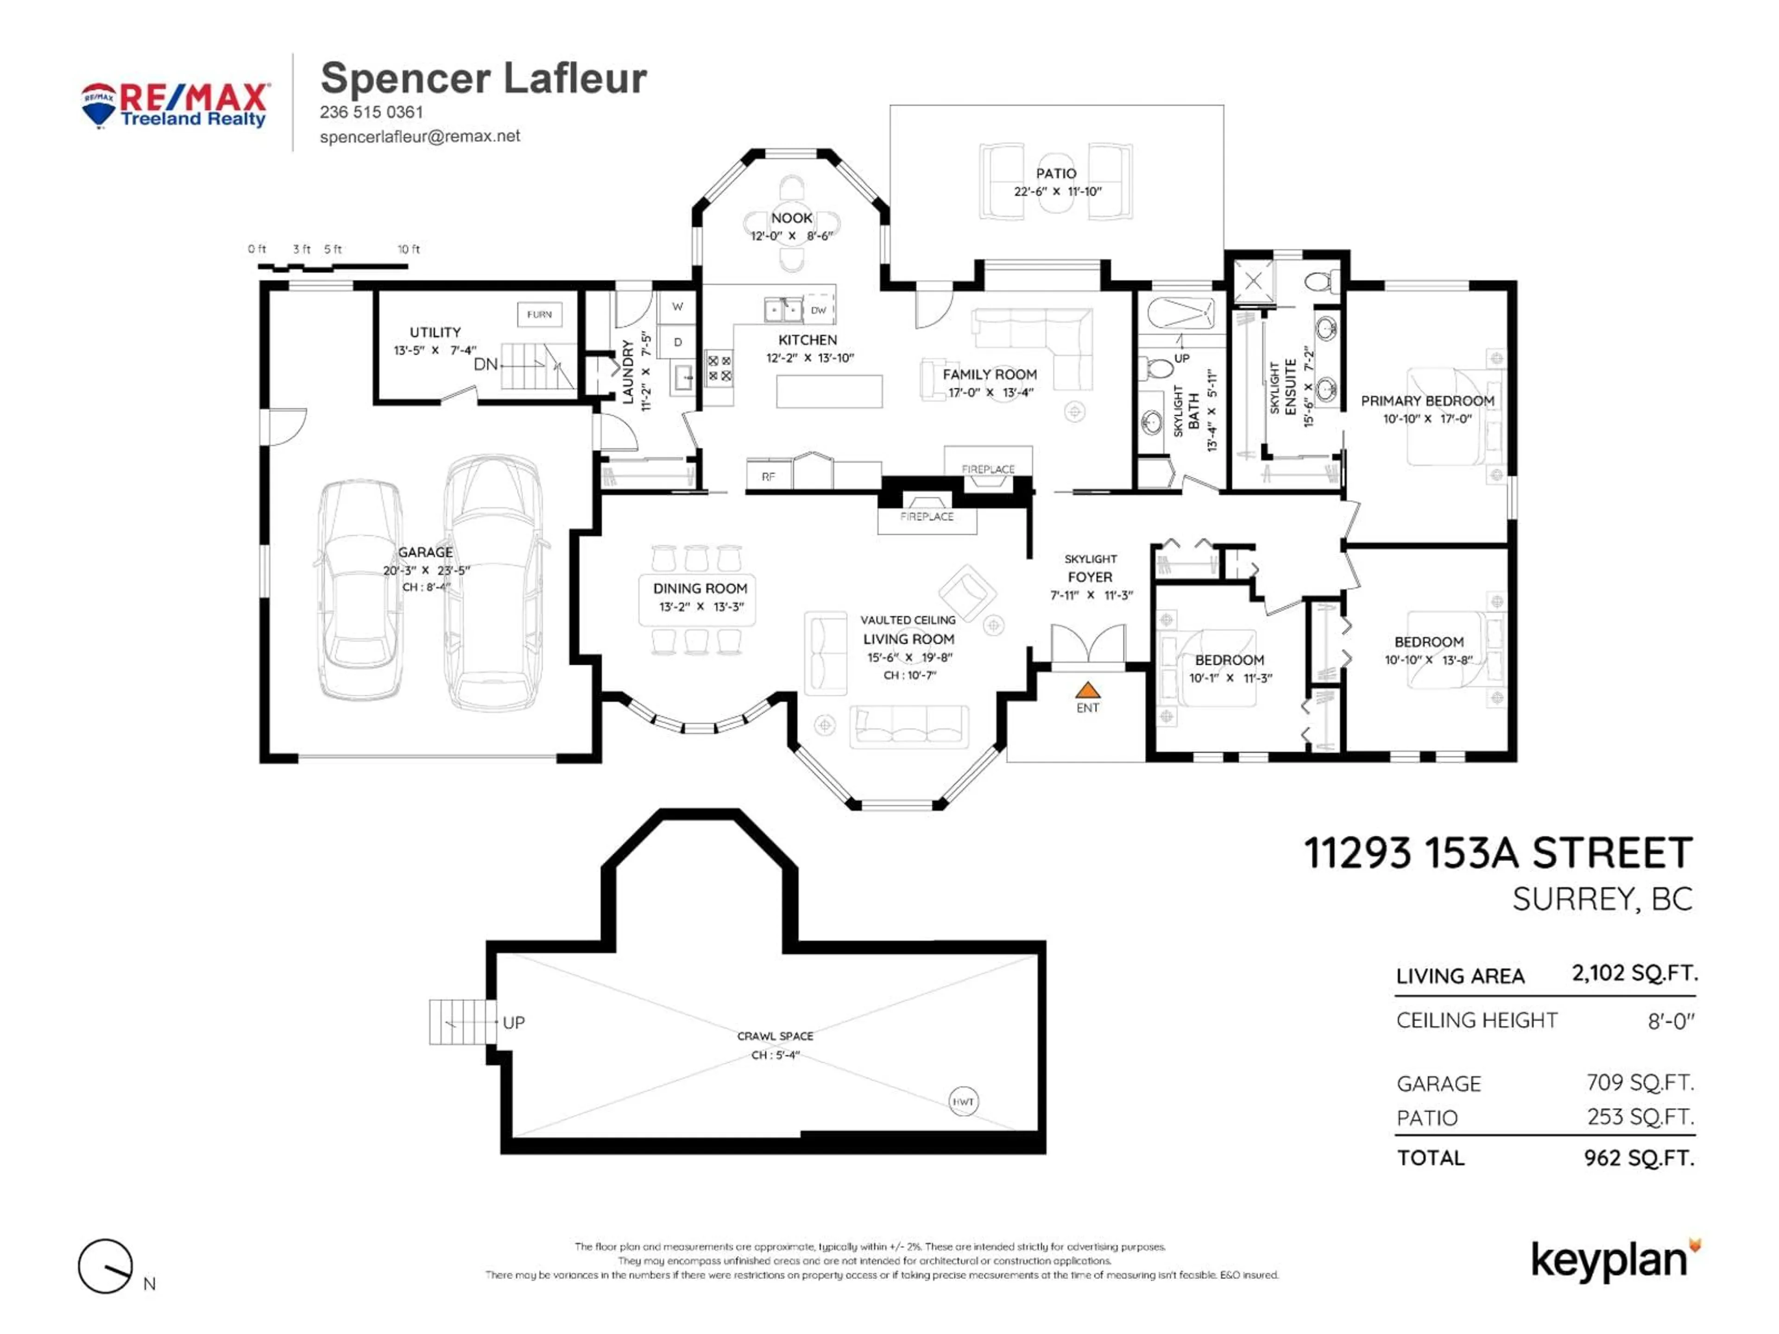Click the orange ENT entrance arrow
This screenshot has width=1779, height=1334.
[x=1087, y=690]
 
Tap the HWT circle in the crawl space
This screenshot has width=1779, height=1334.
[x=963, y=1101]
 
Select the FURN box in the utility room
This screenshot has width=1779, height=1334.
[x=539, y=315]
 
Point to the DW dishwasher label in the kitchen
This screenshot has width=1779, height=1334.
[x=818, y=309]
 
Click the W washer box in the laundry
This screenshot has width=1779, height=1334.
[x=677, y=306]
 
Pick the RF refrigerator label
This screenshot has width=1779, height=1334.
[x=768, y=476]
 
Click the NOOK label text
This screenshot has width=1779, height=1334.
[x=791, y=218]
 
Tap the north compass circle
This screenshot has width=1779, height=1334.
[x=105, y=1266]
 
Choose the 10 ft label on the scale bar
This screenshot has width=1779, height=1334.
[x=409, y=249]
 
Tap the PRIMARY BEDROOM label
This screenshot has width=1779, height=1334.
[x=1427, y=401]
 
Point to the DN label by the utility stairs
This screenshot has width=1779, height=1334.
[x=485, y=364]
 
